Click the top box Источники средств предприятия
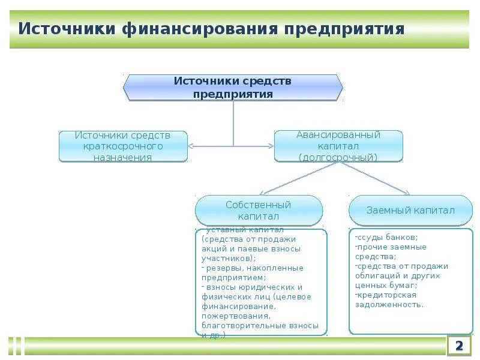click(233, 88)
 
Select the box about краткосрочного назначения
click(124, 146)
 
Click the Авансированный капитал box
click(338, 146)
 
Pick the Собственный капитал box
click(259, 210)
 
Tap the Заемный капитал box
click(410, 210)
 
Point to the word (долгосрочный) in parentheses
click(338, 157)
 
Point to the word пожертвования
click(236, 316)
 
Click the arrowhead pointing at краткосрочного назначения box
click(191, 146)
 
